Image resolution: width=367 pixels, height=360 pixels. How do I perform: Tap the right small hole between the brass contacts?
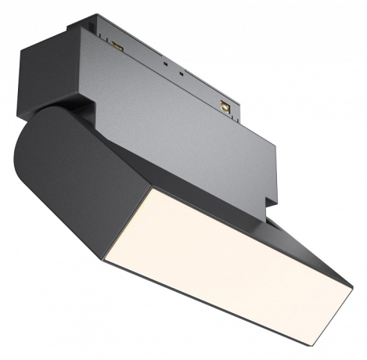(182, 74)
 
